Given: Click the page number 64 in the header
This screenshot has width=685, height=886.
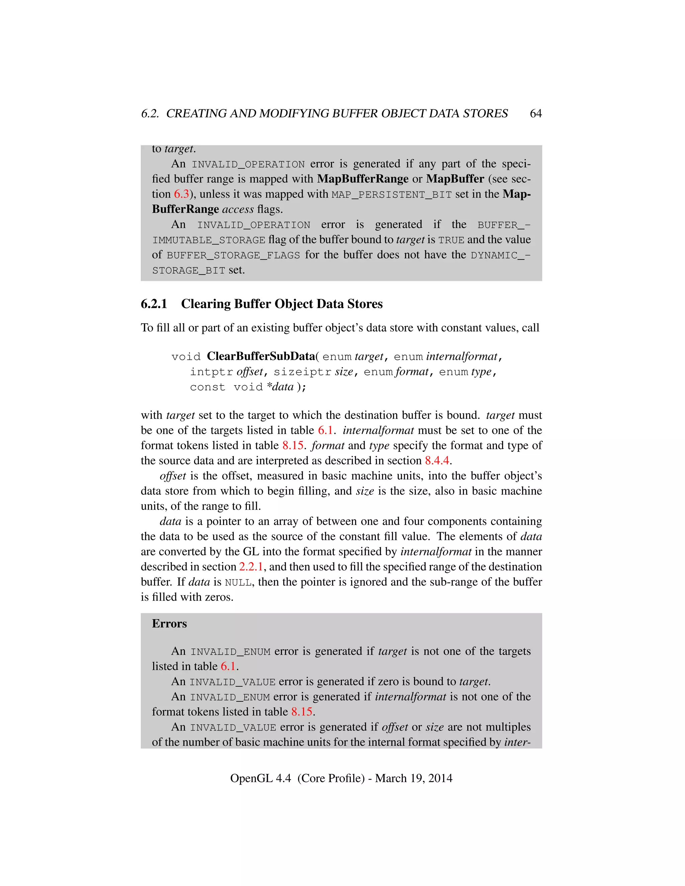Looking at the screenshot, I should click(x=536, y=114).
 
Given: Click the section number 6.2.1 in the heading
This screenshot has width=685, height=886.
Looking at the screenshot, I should click(x=154, y=304).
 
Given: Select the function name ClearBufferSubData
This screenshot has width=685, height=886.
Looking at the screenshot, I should click(x=261, y=356).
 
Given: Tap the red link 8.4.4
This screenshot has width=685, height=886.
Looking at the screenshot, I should click(x=437, y=460).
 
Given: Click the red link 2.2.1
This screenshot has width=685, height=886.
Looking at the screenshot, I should click(x=251, y=567).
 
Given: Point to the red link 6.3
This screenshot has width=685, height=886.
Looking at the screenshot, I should click(x=181, y=194).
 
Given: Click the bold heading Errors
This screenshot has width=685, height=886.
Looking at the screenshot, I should click(x=169, y=624).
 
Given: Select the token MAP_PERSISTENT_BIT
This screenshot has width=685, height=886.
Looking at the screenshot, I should click(x=392, y=195).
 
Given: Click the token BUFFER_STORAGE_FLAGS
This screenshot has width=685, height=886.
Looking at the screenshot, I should click(x=233, y=255).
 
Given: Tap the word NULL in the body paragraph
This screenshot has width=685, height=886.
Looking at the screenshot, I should click(x=238, y=582).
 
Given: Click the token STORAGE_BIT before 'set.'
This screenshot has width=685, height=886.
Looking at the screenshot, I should click(x=189, y=270).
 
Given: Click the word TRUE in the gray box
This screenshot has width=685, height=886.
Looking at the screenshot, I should click(x=451, y=240).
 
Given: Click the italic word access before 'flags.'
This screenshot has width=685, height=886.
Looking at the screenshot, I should click(x=238, y=209).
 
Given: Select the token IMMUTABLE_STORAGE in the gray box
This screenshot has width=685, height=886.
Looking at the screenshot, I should click(x=209, y=240).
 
